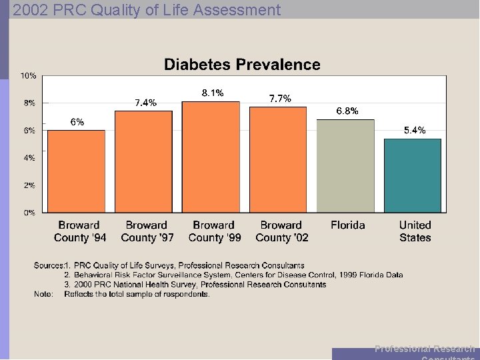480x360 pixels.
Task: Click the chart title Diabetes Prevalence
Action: click(x=242, y=65)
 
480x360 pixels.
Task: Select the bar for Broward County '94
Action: click(x=76, y=171)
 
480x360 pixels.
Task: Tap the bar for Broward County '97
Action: click(x=143, y=162)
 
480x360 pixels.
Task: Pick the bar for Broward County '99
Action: click(x=211, y=157)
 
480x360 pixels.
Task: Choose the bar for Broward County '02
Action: click(x=278, y=160)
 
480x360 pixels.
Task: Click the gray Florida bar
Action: click(x=345, y=166)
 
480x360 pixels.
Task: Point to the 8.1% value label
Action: click(x=213, y=93)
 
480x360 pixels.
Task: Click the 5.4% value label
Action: click(x=415, y=131)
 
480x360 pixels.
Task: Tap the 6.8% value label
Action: click(x=347, y=111)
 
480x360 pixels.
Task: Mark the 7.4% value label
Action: click(x=145, y=103)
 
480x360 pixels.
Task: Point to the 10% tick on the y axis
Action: click(x=28, y=75)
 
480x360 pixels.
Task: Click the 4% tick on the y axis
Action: click(x=30, y=158)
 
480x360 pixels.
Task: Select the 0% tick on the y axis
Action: click(x=30, y=213)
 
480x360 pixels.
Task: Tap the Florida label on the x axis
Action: click(x=347, y=225)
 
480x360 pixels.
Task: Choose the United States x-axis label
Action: click(x=415, y=231)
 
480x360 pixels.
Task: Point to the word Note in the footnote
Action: click(x=43, y=294)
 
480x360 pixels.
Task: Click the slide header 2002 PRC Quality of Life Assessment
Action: click(x=147, y=9)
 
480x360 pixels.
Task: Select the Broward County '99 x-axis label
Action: click(x=213, y=231)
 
